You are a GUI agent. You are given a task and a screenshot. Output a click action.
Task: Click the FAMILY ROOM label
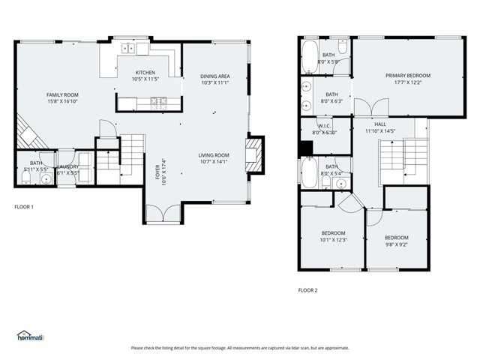[x=62, y=94]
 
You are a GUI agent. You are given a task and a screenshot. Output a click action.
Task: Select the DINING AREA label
[x=214, y=76]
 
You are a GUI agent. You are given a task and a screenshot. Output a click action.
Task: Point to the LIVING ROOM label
[x=214, y=155]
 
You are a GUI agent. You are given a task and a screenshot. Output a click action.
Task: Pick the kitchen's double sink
[x=130, y=48]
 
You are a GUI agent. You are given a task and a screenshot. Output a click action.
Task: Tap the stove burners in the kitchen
[x=158, y=100]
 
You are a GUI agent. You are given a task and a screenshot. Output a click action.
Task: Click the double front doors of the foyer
[x=162, y=215]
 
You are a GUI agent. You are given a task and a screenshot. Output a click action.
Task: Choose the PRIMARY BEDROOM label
[x=408, y=76]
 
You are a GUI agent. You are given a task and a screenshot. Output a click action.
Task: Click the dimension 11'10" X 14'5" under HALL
[x=380, y=131]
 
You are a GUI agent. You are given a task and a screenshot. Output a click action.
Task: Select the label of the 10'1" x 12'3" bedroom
[x=333, y=232]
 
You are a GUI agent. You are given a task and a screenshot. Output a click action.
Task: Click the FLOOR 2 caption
[x=308, y=289]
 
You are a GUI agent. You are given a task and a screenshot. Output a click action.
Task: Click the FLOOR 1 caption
[x=24, y=206]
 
